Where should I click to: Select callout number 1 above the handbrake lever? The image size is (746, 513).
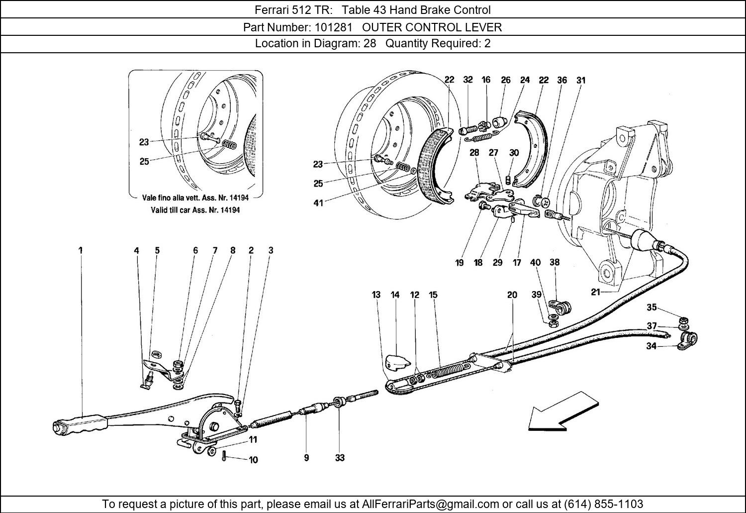[81, 251]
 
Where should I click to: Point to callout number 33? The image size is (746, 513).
[340, 458]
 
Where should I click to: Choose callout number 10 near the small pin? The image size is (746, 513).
[254, 460]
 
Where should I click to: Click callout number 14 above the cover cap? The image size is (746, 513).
[395, 295]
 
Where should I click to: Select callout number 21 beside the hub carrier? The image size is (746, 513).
[595, 293]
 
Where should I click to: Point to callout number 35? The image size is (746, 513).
[652, 307]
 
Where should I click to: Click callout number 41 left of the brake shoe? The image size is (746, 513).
[318, 203]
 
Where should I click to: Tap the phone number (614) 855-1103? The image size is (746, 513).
[601, 504]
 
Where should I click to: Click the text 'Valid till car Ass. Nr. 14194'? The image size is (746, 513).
[195, 210]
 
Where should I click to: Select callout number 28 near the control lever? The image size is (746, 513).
[474, 152]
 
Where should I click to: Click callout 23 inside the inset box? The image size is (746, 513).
[144, 142]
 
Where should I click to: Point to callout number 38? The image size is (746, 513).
[555, 262]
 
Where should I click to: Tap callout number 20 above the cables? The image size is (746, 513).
[512, 295]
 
